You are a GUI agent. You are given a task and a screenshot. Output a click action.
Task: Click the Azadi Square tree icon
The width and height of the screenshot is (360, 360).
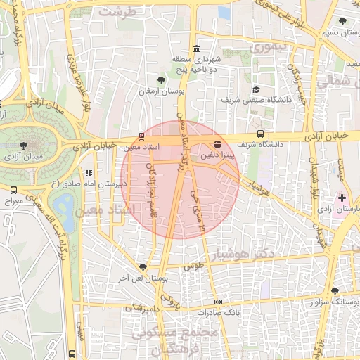click(24, 145)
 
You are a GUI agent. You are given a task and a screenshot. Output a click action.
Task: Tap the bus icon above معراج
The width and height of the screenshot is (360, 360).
click(13, 190)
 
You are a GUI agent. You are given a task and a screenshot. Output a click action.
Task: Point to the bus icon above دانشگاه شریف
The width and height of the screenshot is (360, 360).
click(261, 133)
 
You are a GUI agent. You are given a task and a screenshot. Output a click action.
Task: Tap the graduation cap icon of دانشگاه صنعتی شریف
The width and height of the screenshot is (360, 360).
click(257, 90)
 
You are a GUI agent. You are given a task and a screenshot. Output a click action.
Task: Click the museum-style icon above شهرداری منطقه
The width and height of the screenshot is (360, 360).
click(195, 49)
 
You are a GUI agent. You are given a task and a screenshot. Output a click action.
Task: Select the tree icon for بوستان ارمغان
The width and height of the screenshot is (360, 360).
click(162, 81)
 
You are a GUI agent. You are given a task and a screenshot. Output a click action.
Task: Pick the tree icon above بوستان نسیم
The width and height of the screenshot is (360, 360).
click(342, 22)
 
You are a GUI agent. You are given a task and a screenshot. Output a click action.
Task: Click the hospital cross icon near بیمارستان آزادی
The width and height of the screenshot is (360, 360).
click(342, 198)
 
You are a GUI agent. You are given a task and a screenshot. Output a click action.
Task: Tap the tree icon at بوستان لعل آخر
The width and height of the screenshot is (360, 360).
click(143, 267)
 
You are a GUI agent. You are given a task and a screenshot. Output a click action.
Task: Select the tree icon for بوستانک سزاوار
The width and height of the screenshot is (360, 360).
click(334, 290)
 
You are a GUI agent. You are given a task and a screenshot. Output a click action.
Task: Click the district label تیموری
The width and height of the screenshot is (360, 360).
click(266, 48)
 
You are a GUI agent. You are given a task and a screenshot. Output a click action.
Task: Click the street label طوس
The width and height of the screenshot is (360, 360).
click(193, 267)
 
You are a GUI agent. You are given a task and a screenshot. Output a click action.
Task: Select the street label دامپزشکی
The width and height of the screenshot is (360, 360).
click(144, 308)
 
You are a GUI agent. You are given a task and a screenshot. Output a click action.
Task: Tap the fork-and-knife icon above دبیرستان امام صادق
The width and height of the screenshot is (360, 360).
click(89, 172)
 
